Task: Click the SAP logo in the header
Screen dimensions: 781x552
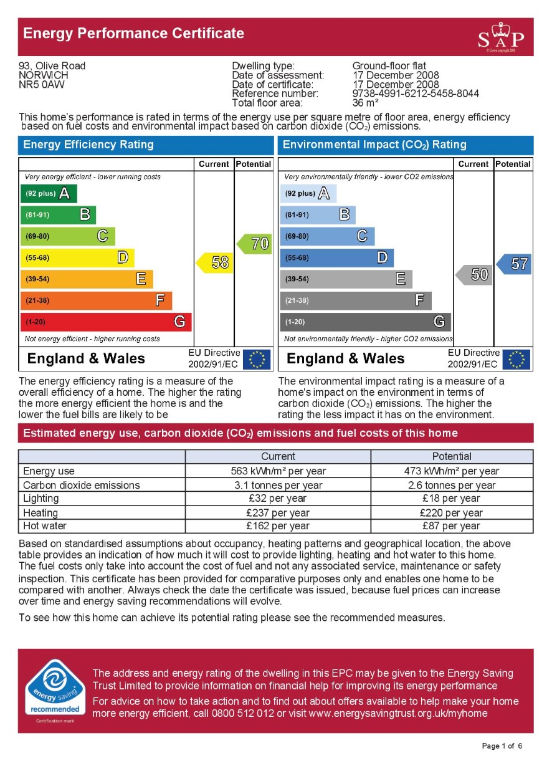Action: (x=501, y=37)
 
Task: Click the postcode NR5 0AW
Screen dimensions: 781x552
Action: (x=42, y=85)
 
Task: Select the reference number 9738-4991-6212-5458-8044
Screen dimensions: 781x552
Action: (x=416, y=94)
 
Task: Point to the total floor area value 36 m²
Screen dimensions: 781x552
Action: (x=365, y=103)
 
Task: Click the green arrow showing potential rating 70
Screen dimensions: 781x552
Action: (x=255, y=244)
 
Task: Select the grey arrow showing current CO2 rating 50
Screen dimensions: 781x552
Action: (x=474, y=274)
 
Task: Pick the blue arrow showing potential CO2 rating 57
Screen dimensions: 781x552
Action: (x=515, y=264)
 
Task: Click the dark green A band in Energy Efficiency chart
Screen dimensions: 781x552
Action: (x=49, y=194)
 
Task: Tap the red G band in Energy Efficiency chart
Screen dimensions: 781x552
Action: (x=106, y=322)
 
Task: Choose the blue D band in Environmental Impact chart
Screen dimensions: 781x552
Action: (x=336, y=257)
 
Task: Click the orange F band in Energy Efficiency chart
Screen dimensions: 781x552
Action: (x=96, y=300)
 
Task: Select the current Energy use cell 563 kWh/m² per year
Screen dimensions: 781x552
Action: (x=278, y=471)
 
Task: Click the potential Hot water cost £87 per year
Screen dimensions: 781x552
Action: (x=452, y=526)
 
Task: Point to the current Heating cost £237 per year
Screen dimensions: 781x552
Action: (x=278, y=513)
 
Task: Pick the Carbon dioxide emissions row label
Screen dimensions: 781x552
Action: (x=82, y=485)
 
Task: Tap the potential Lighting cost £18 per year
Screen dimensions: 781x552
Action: (x=452, y=499)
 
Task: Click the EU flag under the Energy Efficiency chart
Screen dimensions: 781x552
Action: (x=257, y=359)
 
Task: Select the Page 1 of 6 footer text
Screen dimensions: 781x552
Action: (x=502, y=746)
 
